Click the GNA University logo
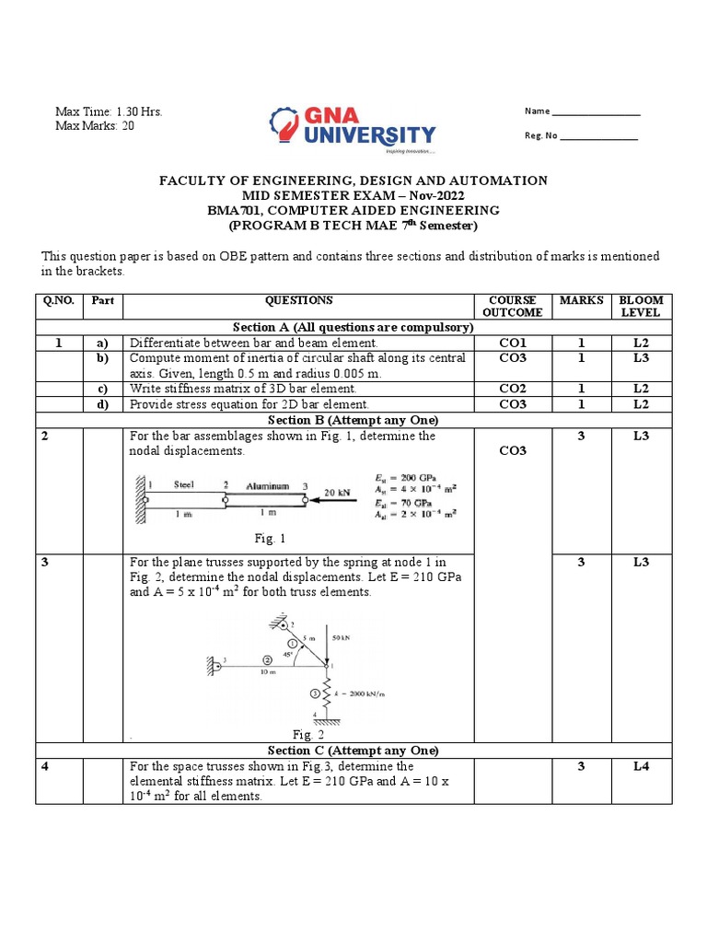pos(353,130)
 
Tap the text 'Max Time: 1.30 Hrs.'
pos(109,111)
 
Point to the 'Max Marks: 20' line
pos(95,126)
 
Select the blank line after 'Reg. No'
pos(598,138)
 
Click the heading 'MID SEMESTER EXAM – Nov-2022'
pos(353,196)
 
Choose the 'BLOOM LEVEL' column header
pos(641,307)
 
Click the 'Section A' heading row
pos(353,327)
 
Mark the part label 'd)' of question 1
pos(103,404)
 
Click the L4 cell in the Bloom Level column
pos(641,767)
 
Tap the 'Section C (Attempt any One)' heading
pos(353,751)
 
